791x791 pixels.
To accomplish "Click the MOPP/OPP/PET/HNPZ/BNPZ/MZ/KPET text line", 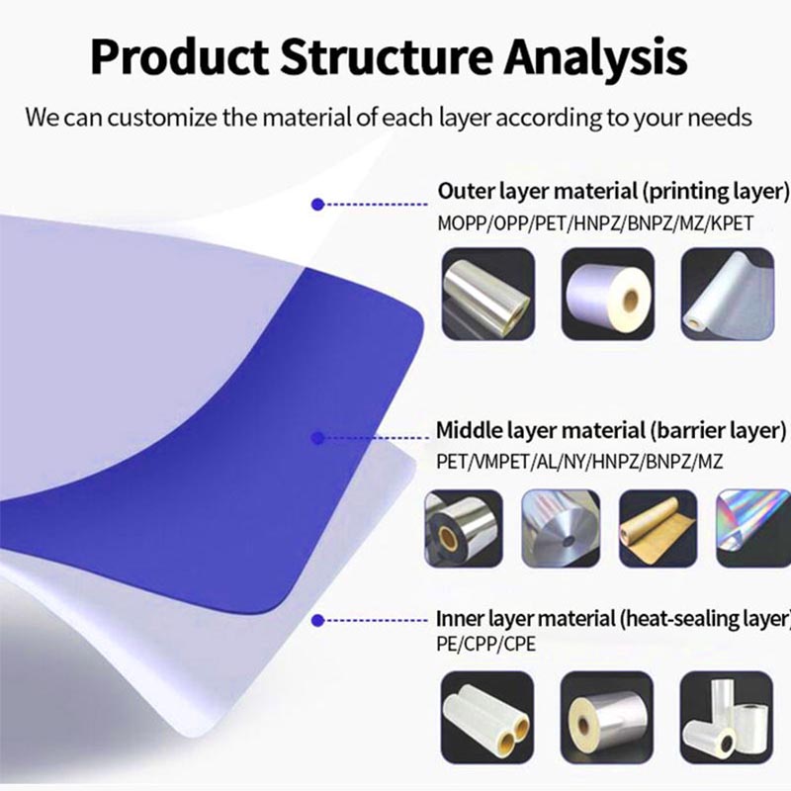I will coord(595,223).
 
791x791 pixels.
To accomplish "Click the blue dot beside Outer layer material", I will coord(316,204).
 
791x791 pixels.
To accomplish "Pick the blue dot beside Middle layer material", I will coord(316,436).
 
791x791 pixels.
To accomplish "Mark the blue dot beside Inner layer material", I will coord(316,620).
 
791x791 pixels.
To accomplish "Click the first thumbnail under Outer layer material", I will coord(487,295).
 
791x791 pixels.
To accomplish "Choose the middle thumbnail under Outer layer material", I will coord(608,295).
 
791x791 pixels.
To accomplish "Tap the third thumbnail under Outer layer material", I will coord(729,295).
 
